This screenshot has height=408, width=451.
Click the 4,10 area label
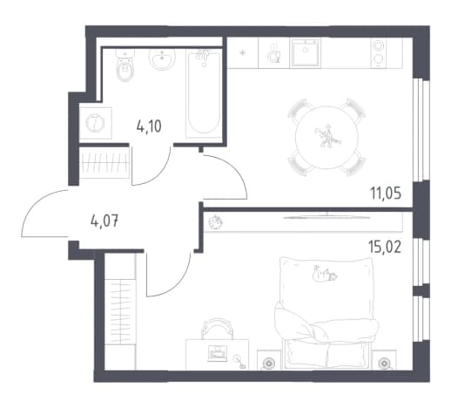pos(149,127)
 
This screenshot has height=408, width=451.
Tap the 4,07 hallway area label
pos(104,222)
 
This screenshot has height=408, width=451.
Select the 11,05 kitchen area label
pos(386,193)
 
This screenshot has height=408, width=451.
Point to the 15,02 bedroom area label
pos(385,248)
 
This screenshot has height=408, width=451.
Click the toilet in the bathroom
pos(125,65)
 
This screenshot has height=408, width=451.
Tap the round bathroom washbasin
pos(162,59)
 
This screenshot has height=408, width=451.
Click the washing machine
pos(96,123)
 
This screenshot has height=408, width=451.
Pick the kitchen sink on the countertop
pos(306,53)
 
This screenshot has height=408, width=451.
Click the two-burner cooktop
pos(379,53)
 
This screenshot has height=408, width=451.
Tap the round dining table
pos(326,137)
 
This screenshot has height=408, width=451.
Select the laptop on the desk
pos(217,353)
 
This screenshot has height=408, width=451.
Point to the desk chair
pos(217,329)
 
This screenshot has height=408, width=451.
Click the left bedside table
pos(269,359)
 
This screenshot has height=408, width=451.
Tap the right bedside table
pos(385,359)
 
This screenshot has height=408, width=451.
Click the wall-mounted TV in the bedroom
pos(327,216)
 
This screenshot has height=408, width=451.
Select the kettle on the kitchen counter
pos(274,54)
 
